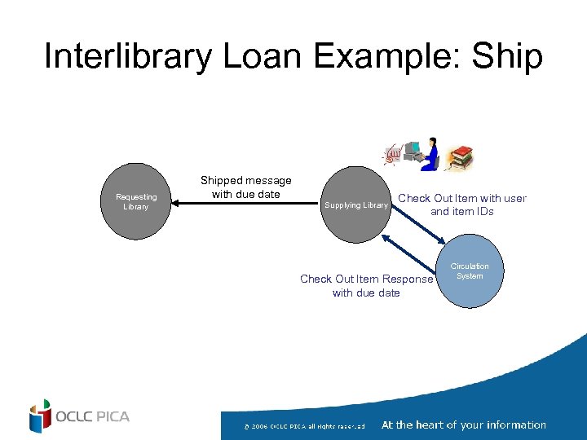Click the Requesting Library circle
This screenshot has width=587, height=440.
point(135,202)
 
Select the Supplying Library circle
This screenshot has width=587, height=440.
point(355,205)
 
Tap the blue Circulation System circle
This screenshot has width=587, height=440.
point(469,272)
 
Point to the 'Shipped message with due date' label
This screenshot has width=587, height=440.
point(245,187)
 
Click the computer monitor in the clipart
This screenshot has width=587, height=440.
point(413,150)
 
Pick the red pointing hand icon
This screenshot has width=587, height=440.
point(393,153)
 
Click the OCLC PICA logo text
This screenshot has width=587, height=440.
point(92,416)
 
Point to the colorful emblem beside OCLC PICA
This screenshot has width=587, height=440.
point(39,416)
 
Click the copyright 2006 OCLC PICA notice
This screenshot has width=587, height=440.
point(305,425)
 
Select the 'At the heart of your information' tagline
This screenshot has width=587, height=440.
point(463,425)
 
